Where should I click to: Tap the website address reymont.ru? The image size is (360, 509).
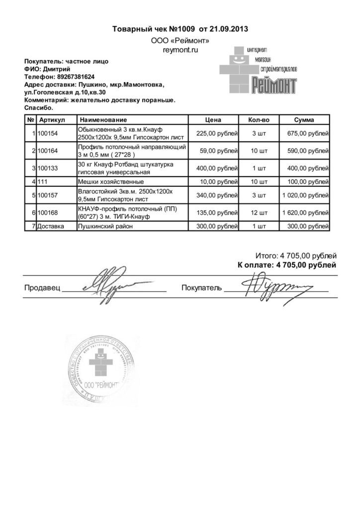pyautogui.click(x=180, y=51)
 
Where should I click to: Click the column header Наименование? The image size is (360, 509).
pyautogui.click(x=103, y=120)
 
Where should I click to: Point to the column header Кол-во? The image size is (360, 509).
pyautogui.click(x=259, y=120)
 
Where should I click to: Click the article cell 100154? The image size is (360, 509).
pyautogui.click(x=48, y=134)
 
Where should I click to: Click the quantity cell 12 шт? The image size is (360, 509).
pyautogui.click(x=259, y=213)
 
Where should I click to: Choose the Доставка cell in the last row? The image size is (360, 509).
pyautogui.click(x=51, y=227)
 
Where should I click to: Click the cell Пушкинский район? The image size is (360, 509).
pyautogui.click(x=106, y=227)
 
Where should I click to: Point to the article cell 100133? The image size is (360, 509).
pyautogui.click(x=48, y=168)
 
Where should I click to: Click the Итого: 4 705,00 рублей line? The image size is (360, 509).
pyautogui.click(x=295, y=255)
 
